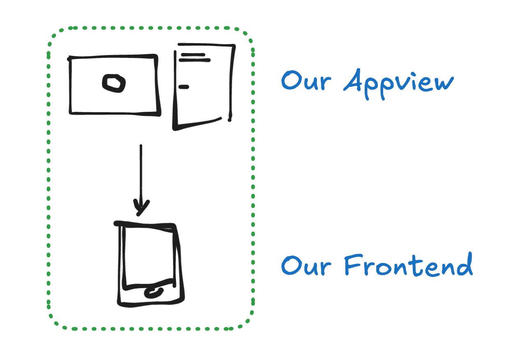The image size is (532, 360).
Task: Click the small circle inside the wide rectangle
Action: coord(113,83)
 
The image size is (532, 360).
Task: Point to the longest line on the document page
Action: coord(194,60)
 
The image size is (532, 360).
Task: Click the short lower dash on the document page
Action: coord(183,87)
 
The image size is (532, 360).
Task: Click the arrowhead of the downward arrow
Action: coord(141,207)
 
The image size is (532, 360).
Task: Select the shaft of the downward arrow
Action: coord(141,173)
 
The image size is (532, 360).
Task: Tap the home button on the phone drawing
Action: coord(154,293)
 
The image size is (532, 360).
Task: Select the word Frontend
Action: coord(407,266)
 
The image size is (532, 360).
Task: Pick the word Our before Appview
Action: coord(306,81)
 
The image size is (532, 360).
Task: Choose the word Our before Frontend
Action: coord(306,266)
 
